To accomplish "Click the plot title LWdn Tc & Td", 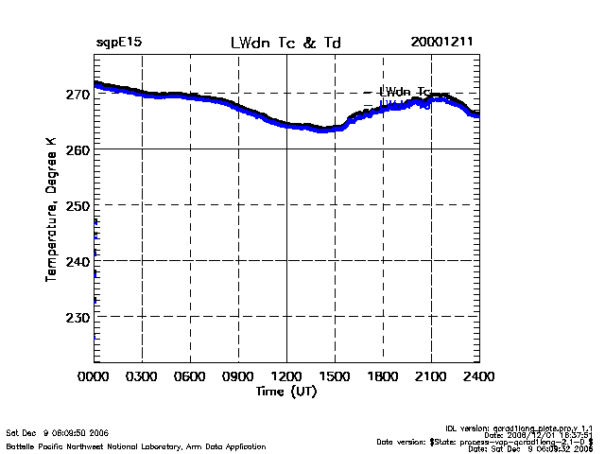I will coord(285,44).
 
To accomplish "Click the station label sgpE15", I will coord(119,44).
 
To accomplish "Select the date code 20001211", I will coord(441,44).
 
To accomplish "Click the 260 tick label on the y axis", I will coord(78,149).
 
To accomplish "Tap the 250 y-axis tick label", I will coord(78,205).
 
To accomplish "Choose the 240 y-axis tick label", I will coord(78,261).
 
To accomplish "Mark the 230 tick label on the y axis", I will coord(78,317).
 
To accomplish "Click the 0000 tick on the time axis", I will coord(94,376).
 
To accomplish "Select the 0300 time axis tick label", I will coord(142,376).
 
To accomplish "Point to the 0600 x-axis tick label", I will coord(190,376).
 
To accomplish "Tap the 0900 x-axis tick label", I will coord(238,376).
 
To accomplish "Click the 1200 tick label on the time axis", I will coord(286,376).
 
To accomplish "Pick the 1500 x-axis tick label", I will coord(335,376).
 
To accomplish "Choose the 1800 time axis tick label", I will coord(383,376).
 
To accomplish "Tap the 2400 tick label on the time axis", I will coord(479,376).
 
